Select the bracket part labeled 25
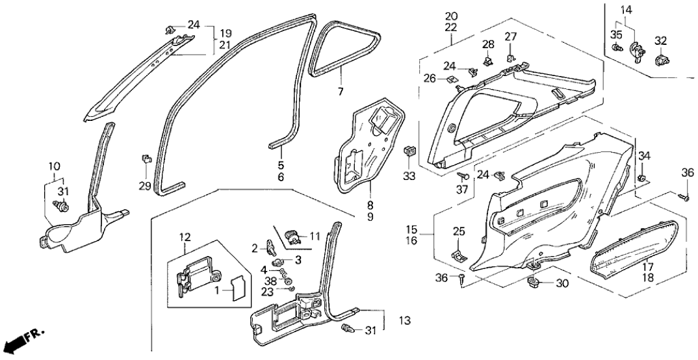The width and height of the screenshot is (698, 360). [460, 253]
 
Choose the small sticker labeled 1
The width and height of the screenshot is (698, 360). [237, 287]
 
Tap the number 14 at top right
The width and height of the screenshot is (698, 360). [625, 10]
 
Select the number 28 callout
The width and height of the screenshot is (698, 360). [488, 44]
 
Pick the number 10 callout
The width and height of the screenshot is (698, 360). [54, 168]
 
